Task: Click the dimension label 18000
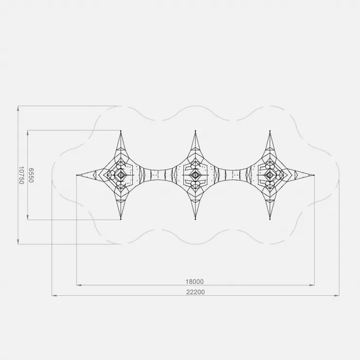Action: tap(195, 282)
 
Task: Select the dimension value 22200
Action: tap(195, 292)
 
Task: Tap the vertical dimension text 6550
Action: tap(31, 175)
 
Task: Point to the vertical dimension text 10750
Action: tap(21, 175)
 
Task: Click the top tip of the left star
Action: tap(121, 131)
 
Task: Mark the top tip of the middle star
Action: tap(196, 131)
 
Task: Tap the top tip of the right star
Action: tap(270, 131)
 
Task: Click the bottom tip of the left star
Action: tap(121, 219)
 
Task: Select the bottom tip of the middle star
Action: tap(196, 219)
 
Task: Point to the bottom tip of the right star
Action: tap(270, 219)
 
